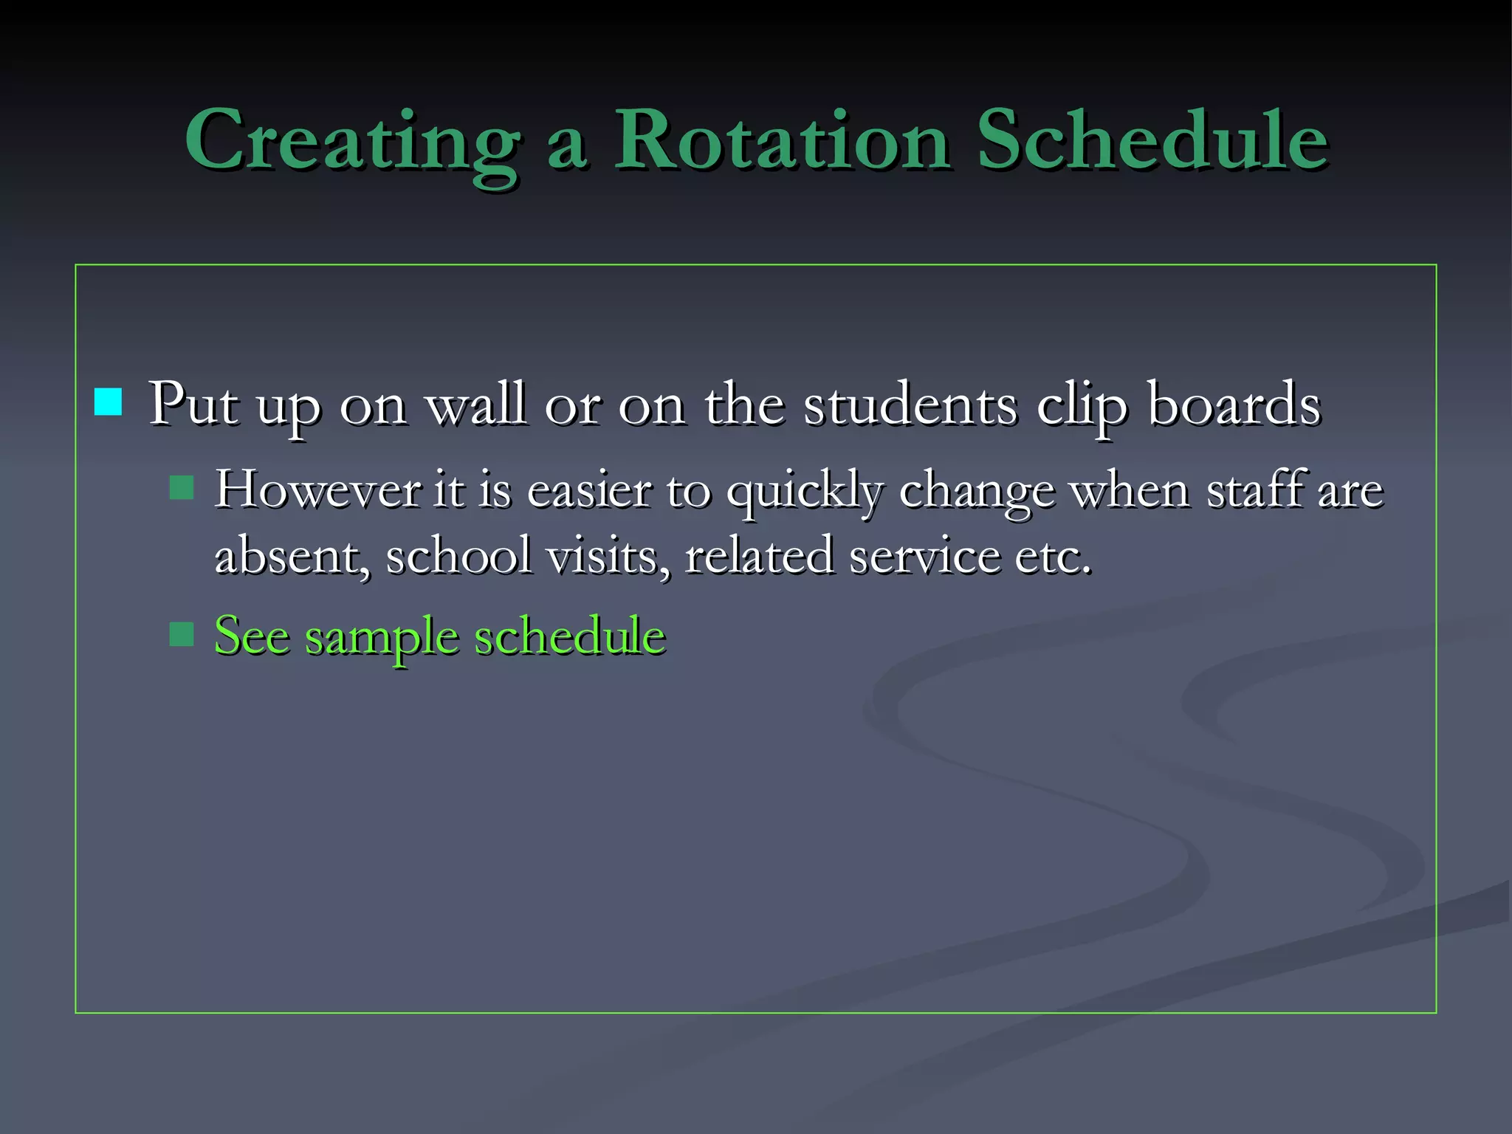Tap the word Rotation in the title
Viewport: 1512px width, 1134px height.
click(781, 140)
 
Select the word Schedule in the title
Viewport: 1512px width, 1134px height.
click(1152, 140)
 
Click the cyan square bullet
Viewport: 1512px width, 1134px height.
click(109, 402)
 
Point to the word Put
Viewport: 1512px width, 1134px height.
click(193, 404)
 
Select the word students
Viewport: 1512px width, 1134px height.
click(910, 404)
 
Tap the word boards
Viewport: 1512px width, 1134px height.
click(1234, 404)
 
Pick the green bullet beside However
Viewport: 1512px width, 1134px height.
click(182, 487)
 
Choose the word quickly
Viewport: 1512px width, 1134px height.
click(805, 491)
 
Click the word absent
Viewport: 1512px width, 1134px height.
click(292, 555)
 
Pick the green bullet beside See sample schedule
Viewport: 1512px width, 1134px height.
click(182, 634)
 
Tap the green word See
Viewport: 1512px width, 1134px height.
click(252, 635)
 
